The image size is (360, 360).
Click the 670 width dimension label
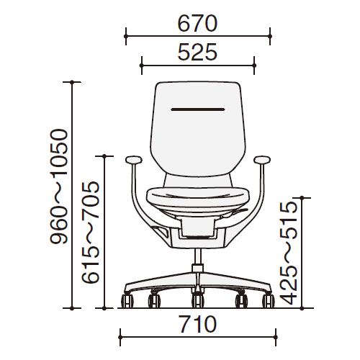click(197, 24)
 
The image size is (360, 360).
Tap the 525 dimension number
click(197, 52)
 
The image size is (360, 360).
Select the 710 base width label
click(198, 324)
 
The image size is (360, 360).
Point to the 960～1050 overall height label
click(59, 186)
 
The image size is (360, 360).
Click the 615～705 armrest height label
click(90, 232)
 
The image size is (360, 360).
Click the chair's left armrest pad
click(134, 160)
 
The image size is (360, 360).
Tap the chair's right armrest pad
click(262, 160)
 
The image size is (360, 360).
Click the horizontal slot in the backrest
click(198, 109)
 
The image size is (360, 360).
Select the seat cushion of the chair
click(198, 196)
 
